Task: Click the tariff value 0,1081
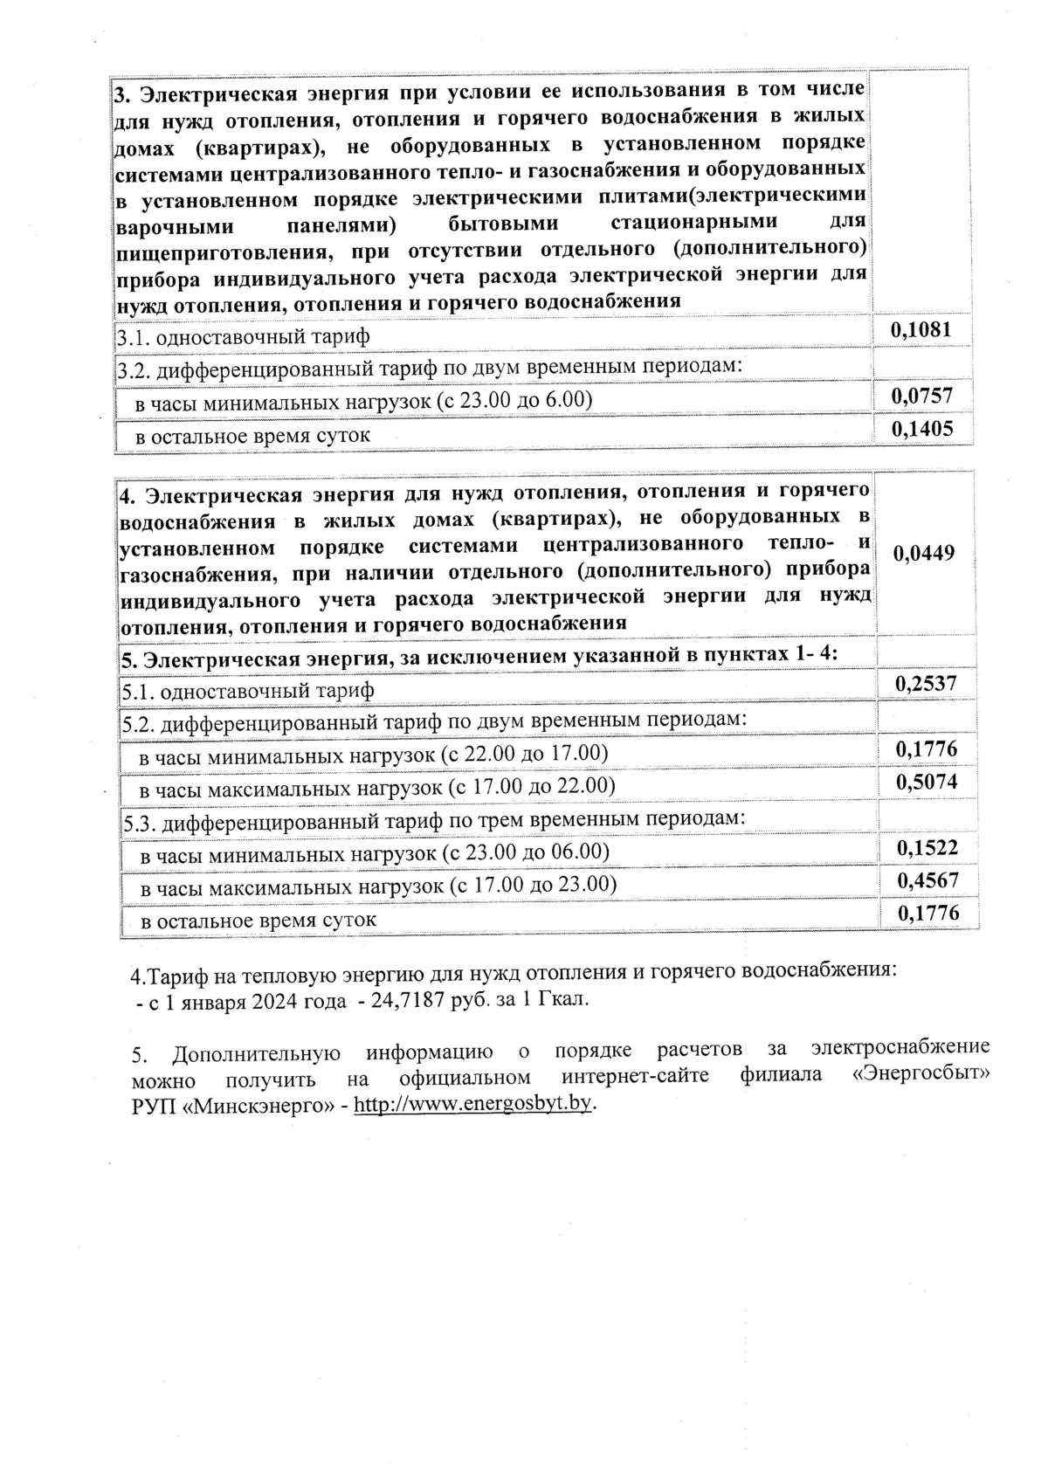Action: click(x=920, y=330)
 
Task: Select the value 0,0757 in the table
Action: click(x=920, y=397)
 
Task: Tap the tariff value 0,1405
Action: click(x=920, y=428)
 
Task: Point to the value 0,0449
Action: click(x=925, y=553)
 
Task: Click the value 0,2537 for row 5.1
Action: click(x=926, y=683)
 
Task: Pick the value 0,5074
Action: click(x=927, y=781)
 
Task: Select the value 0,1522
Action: click(x=927, y=847)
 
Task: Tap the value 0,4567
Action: click(x=927, y=880)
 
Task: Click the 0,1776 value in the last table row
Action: click(x=928, y=913)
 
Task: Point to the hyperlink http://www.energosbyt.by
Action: click(x=473, y=1103)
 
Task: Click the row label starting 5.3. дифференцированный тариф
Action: click(x=434, y=819)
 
